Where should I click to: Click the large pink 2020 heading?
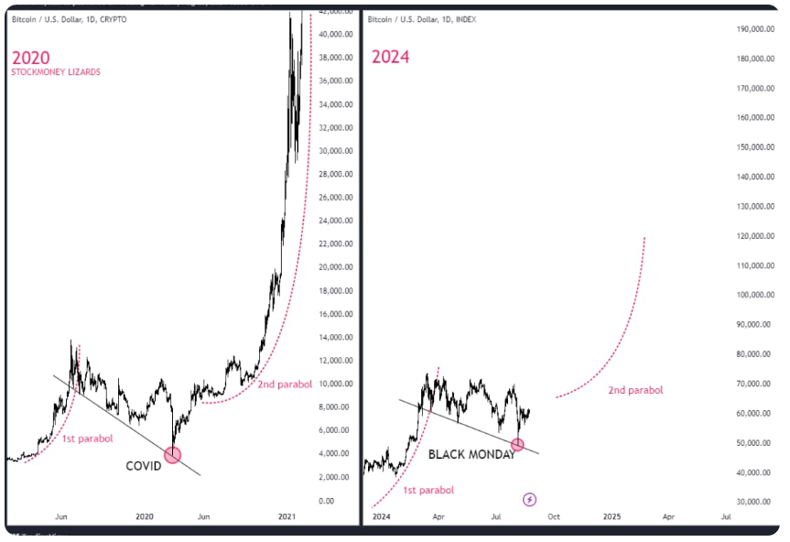click(30, 57)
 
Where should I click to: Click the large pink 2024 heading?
click(390, 57)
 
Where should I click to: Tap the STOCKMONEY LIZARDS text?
click(56, 72)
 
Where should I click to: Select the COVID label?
click(144, 466)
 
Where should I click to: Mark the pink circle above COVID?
click(172, 454)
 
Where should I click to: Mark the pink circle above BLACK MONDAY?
click(517, 444)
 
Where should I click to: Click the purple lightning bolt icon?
click(530, 499)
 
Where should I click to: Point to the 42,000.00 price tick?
click(334, 11)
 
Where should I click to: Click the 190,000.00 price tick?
click(755, 29)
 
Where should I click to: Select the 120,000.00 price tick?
click(755, 236)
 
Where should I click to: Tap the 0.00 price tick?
click(327, 501)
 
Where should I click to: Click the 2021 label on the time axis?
click(287, 517)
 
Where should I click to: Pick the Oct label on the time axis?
click(554, 517)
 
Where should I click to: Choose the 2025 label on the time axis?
click(611, 517)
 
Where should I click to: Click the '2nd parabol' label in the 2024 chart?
click(635, 390)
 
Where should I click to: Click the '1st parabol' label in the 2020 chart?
click(88, 439)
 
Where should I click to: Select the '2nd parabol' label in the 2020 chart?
click(285, 384)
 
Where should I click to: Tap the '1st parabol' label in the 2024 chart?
click(427, 490)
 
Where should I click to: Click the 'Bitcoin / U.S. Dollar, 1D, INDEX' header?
click(422, 19)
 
